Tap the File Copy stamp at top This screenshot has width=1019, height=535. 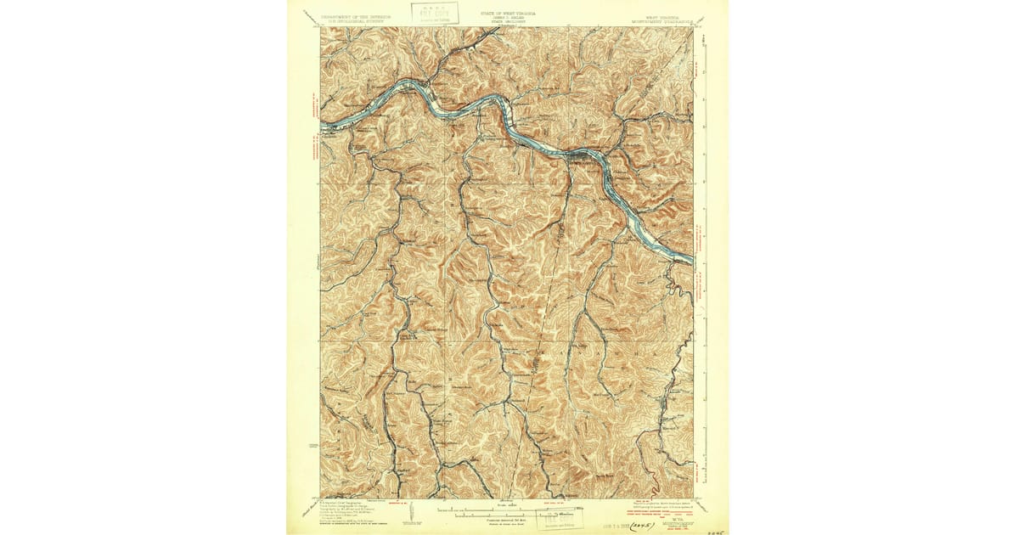[435, 13]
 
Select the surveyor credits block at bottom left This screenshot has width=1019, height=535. [348, 510]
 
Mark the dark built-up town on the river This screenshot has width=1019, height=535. [584, 155]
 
